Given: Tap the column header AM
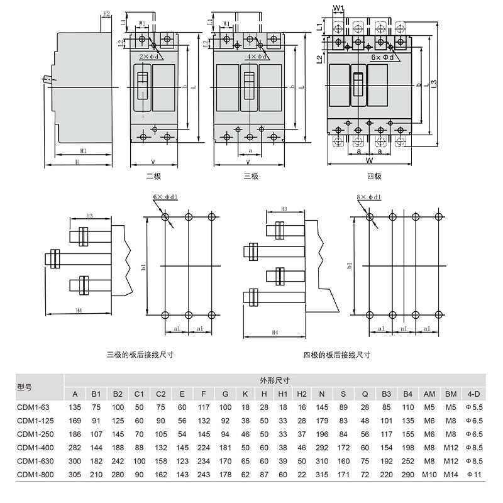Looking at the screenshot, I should (x=429, y=394).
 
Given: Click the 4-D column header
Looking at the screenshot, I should (x=473, y=394).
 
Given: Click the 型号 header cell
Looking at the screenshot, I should (x=25, y=387).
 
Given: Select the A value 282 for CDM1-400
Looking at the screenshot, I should (x=75, y=447).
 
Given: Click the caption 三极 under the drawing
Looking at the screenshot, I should (x=251, y=176).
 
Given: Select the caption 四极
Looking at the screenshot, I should (x=374, y=177).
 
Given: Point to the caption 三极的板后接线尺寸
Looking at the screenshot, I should (x=140, y=355).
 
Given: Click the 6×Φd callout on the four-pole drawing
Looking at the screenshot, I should (x=383, y=57).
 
